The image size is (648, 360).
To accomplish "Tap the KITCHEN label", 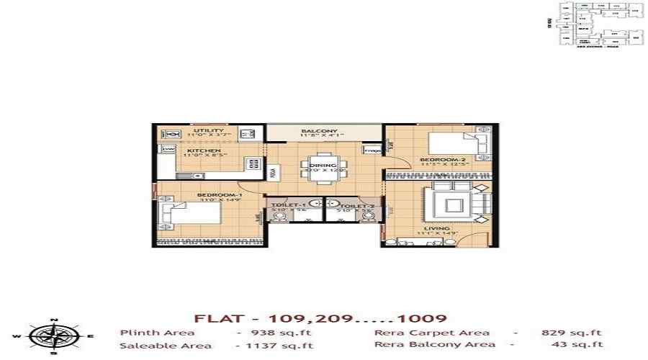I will pyautogui.click(x=198, y=150).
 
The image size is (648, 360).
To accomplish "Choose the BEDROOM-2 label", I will pyautogui.click(x=437, y=158).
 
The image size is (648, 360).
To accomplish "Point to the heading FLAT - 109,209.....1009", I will pyautogui.click(x=321, y=318).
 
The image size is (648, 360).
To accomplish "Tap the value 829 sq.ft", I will pyautogui.click(x=571, y=333).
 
